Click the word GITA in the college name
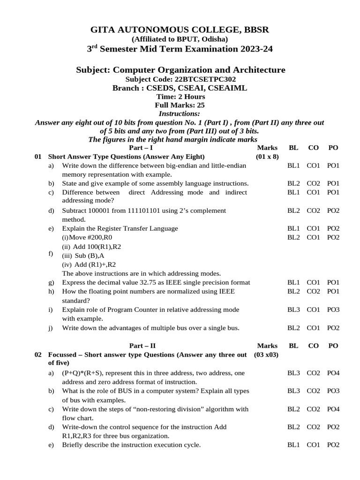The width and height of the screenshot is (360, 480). [103, 30]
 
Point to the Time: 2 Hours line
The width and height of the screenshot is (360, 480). [180, 97]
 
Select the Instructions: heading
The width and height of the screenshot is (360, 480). [179, 113]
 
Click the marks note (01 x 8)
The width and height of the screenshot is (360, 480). [267, 157]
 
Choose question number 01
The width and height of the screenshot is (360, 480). [38, 157]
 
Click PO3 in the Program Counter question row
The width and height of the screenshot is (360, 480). [333, 310]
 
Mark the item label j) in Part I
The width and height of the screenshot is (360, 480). [50, 328]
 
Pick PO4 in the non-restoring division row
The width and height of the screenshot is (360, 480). [333, 409]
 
